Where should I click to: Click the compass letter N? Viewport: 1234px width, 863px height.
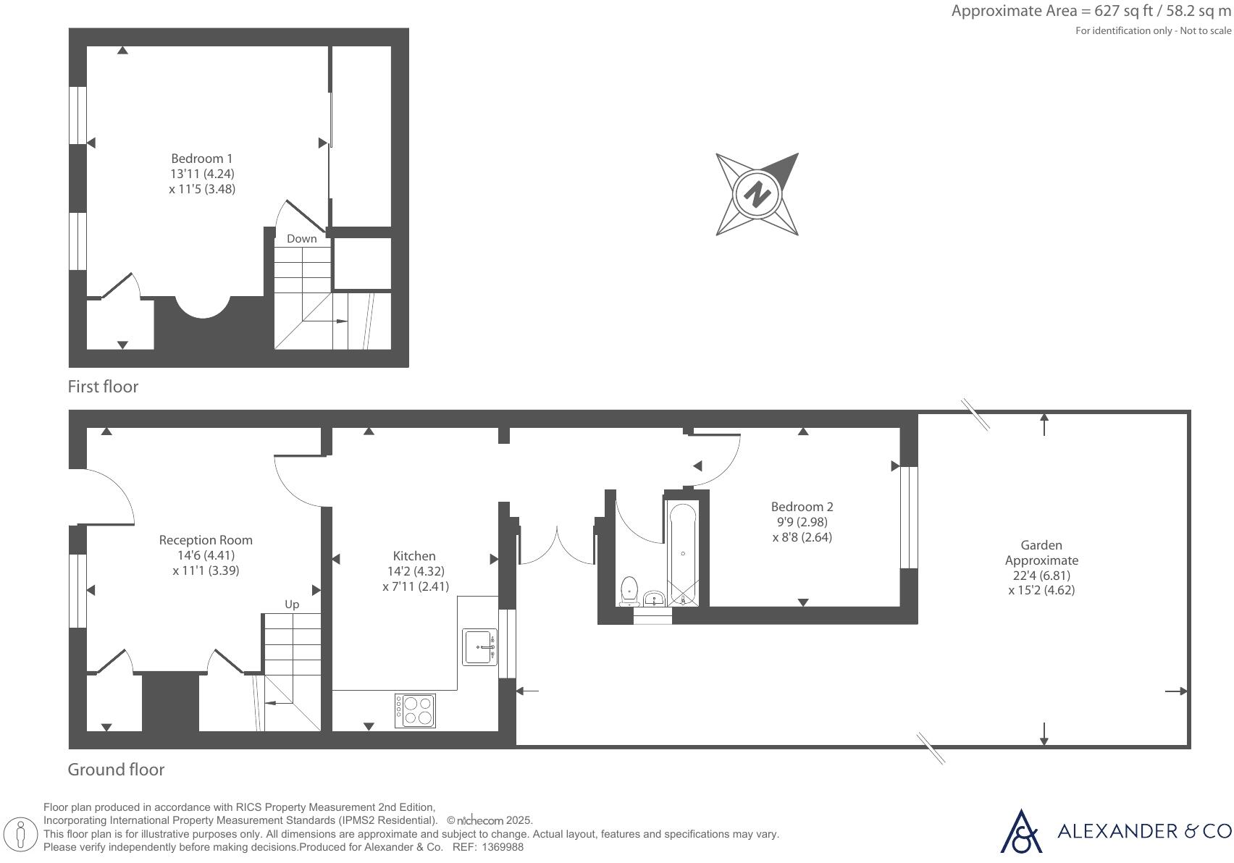(757, 194)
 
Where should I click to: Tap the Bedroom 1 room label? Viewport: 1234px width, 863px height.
(202, 159)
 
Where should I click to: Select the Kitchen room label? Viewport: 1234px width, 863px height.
(414, 556)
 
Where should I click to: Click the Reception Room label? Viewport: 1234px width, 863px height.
(206, 540)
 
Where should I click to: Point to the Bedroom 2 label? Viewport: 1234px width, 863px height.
(802, 507)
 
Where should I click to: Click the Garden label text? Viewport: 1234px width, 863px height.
(1041, 545)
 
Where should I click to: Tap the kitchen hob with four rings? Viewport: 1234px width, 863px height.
(416, 710)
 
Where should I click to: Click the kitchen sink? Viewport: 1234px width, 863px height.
(479, 647)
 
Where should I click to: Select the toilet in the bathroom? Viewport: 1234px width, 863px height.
(629, 590)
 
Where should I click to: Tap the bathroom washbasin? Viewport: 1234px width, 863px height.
(654, 599)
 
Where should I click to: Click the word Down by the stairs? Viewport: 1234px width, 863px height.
(301, 239)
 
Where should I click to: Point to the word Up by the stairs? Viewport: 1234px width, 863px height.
(292, 605)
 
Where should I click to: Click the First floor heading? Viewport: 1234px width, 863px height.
(103, 387)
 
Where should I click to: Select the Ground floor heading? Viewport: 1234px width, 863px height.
(116, 770)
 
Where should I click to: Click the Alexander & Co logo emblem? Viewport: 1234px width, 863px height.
(1021, 832)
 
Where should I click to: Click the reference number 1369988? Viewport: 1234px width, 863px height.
(503, 847)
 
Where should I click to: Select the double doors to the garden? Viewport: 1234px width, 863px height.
(557, 547)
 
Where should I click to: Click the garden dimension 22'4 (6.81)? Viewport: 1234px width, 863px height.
(1041, 576)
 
